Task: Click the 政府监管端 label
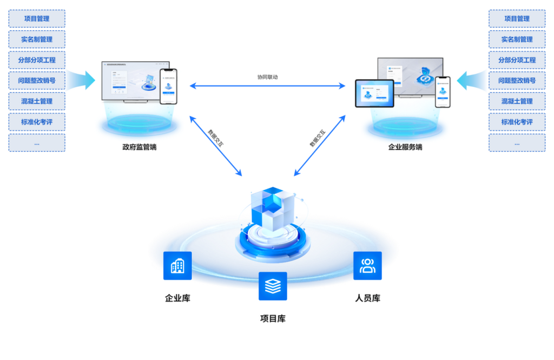point(139,147)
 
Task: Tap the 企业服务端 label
point(405,147)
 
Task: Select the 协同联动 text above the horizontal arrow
point(267,77)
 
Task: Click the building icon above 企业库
point(177,266)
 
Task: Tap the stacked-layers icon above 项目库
point(273,286)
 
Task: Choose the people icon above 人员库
point(367,266)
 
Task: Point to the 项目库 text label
point(273,318)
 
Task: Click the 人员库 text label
point(367,298)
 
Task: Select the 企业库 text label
point(177,298)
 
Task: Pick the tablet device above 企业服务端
point(374,93)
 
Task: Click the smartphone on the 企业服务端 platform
point(443,92)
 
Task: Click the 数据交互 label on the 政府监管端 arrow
point(216,138)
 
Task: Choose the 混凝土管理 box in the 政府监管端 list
point(37,101)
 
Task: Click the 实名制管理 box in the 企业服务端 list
point(517,40)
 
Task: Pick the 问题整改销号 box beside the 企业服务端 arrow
point(517,81)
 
